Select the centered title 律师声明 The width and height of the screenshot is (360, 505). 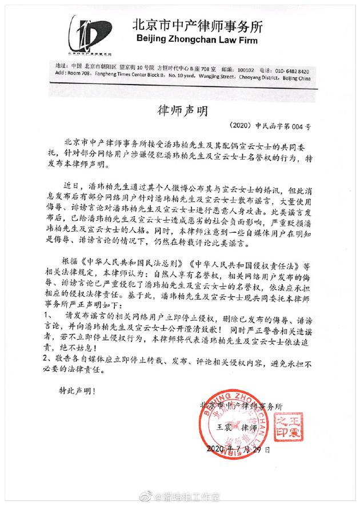click(181, 110)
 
